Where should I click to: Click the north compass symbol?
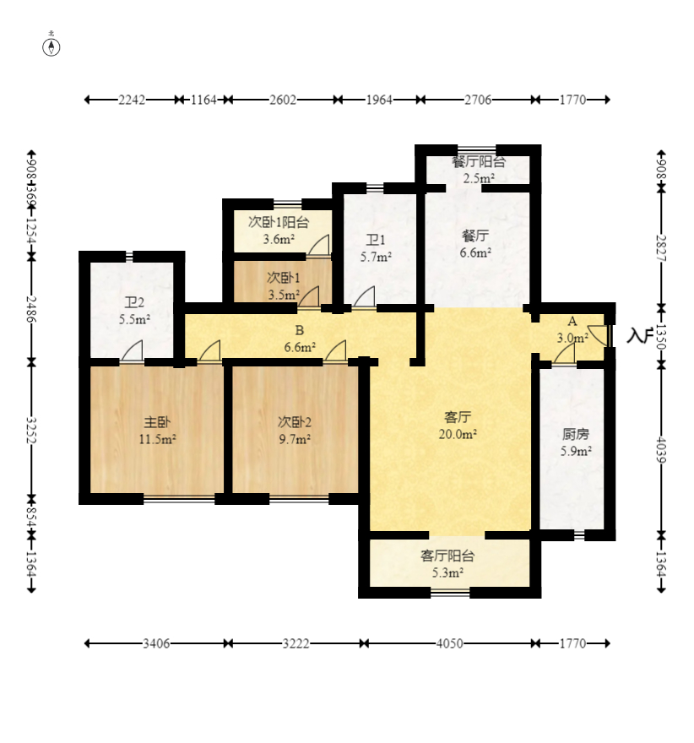point(52,47)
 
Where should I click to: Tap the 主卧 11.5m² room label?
point(157,431)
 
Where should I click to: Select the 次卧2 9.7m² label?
point(294,431)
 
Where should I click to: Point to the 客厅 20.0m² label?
point(457,425)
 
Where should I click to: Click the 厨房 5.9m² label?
point(576,442)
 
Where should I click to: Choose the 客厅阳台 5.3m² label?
point(447,564)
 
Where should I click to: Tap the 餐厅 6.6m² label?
point(475,243)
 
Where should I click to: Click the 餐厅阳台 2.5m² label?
point(479,170)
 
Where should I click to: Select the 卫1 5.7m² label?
point(376,248)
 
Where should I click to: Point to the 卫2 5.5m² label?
point(134,311)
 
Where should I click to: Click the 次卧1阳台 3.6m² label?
point(279,230)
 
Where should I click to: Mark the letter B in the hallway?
point(300,330)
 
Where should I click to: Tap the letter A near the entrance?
point(572,322)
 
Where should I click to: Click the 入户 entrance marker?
point(639,335)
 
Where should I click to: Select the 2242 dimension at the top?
point(132,100)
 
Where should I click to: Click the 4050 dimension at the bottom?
point(449,643)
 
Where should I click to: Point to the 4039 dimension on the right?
point(662,450)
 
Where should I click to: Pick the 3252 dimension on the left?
point(31,431)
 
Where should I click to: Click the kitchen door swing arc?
point(564,353)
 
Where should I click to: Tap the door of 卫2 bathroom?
point(132,350)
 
